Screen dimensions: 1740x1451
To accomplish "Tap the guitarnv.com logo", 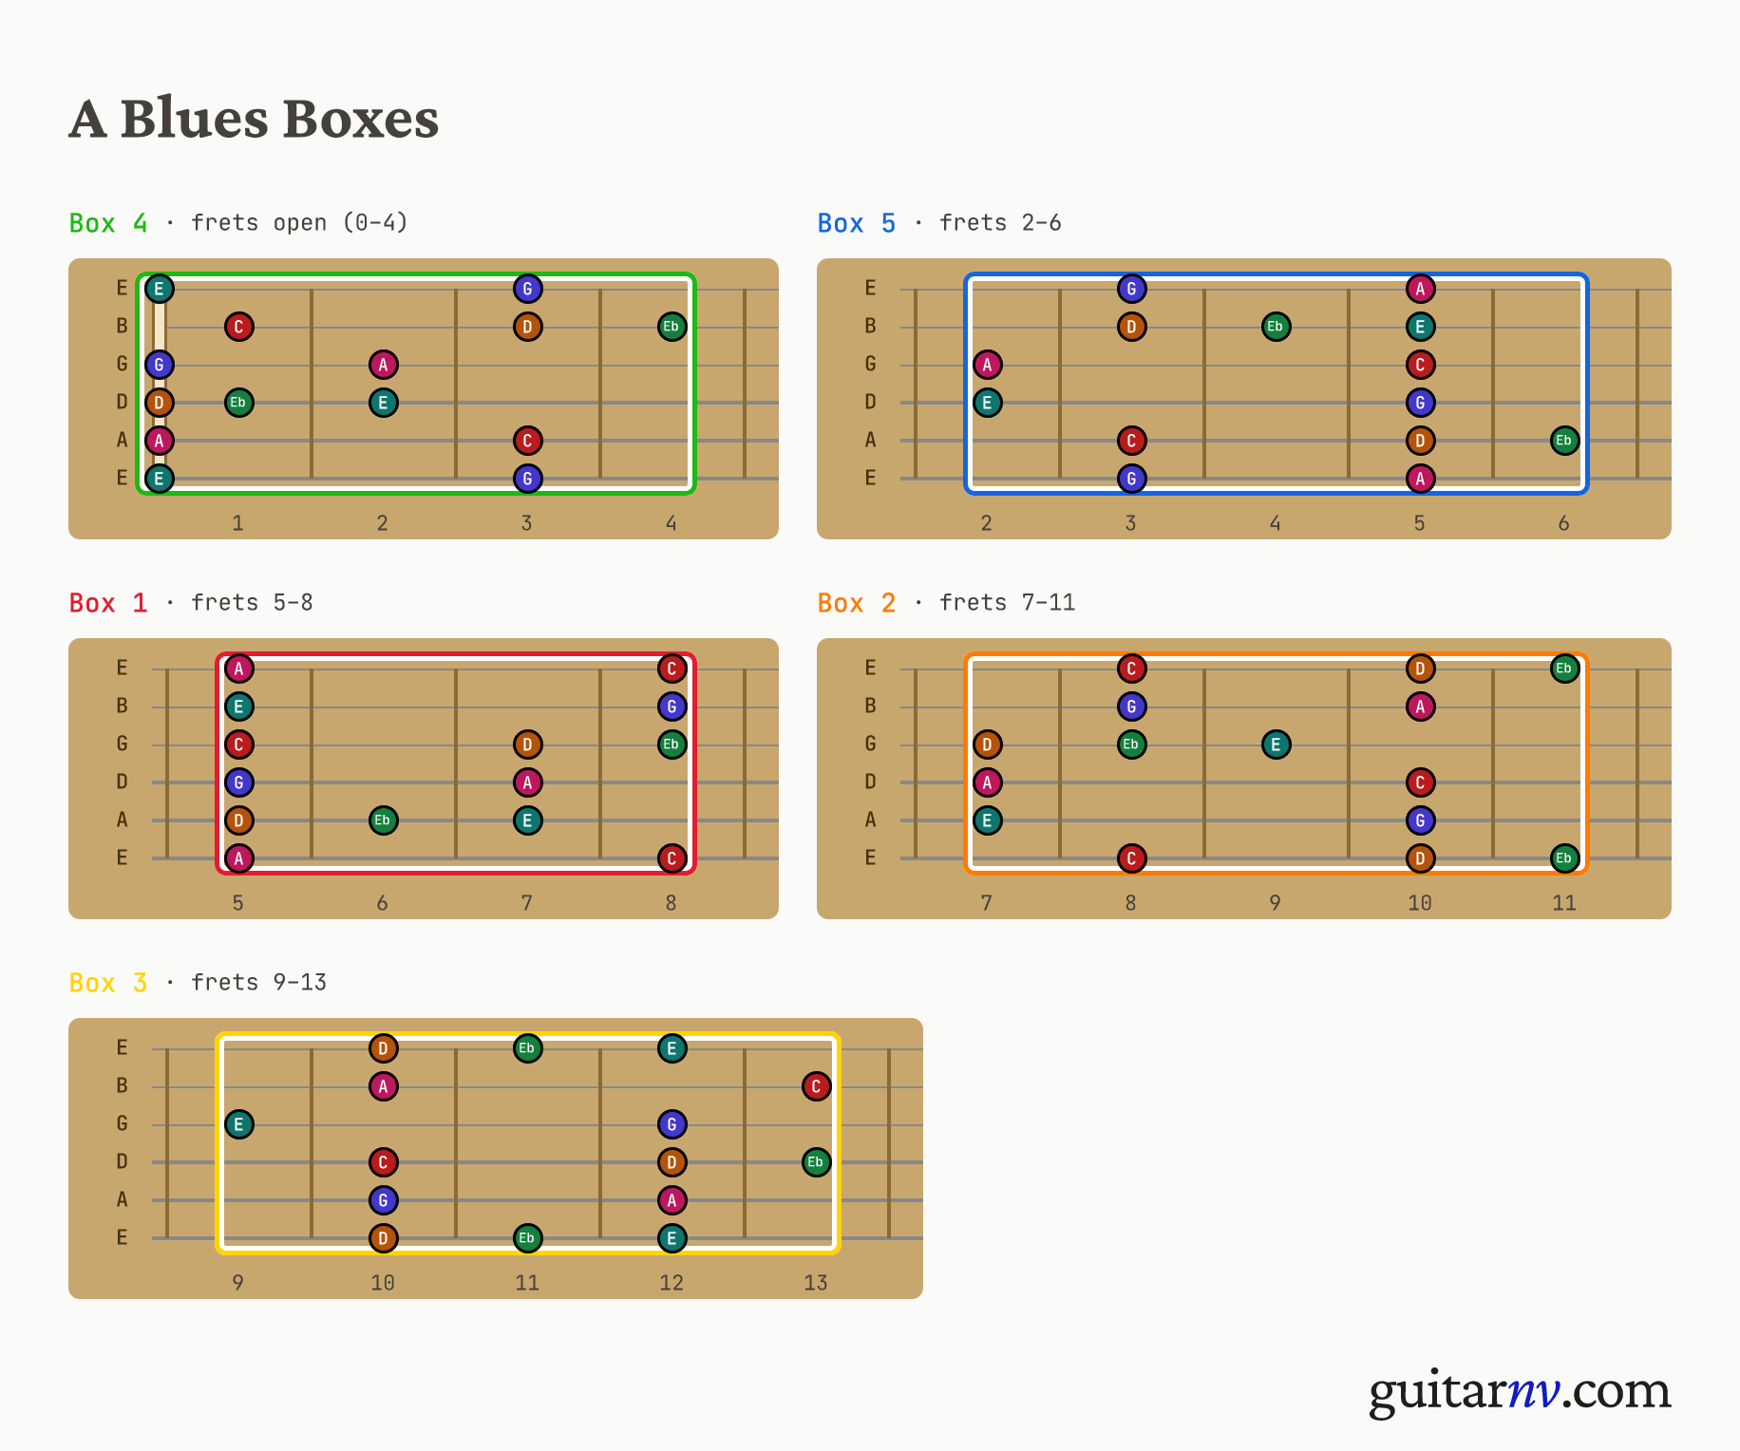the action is (x=1520, y=1391).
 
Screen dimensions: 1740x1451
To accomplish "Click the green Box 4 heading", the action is (x=108, y=223).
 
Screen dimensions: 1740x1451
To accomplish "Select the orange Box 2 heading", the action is (x=857, y=603).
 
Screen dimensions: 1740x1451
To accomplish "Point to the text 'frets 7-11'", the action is (x=1007, y=603).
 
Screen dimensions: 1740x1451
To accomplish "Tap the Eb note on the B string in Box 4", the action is (x=671, y=327).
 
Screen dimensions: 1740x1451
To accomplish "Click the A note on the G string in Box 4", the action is (x=383, y=365).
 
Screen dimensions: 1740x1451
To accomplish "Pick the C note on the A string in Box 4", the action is (x=527, y=441).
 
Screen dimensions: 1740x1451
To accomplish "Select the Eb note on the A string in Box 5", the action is (x=1564, y=441).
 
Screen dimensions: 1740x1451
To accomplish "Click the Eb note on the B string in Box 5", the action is (x=1276, y=327).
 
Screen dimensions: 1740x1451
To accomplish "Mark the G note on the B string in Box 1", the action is (x=671, y=707).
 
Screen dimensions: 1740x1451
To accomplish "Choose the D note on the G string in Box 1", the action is (x=527, y=744).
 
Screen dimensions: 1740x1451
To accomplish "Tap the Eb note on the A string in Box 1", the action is (x=383, y=820).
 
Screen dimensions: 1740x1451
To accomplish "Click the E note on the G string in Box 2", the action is (x=1276, y=744).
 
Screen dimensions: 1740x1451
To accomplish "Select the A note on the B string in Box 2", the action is (x=1420, y=707).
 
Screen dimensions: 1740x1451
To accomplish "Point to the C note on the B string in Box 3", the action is (x=816, y=1086).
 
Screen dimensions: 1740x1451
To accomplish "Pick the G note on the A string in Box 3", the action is (x=383, y=1200).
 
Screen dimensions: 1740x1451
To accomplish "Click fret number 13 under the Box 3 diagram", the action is (x=816, y=1283).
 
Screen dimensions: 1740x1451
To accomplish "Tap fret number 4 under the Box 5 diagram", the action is (x=1276, y=523).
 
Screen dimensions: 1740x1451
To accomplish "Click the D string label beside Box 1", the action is (x=122, y=782).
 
